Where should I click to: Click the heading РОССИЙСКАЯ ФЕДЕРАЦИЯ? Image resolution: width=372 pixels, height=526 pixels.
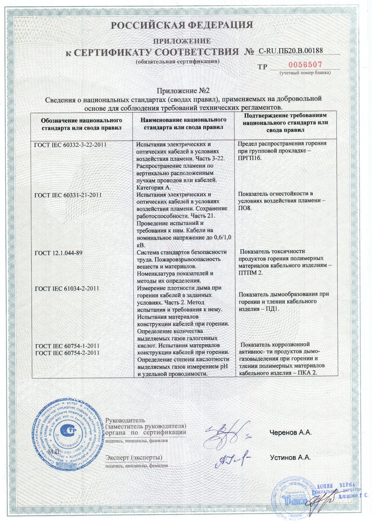coord(182,25)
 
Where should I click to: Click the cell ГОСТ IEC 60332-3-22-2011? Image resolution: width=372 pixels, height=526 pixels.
coord(70,145)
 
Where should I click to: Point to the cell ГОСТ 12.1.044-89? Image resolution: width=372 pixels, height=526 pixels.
coord(58,253)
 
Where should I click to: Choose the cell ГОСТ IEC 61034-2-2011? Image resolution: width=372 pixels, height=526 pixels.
coord(67,288)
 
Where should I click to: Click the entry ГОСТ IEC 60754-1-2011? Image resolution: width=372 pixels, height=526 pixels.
coord(67,346)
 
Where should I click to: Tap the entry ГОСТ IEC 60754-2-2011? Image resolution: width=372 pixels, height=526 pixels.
coord(67,353)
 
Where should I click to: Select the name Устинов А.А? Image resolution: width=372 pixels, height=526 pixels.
coord(290,458)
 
